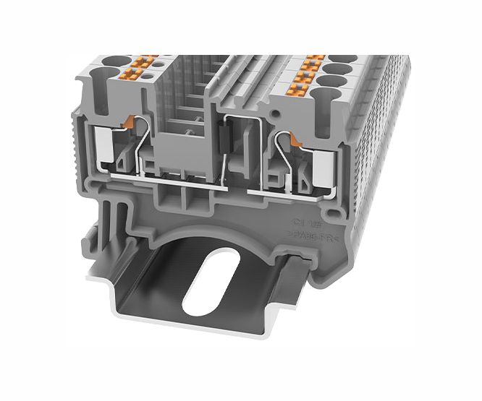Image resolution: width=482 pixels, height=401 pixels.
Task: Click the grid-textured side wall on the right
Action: click(384, 145)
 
